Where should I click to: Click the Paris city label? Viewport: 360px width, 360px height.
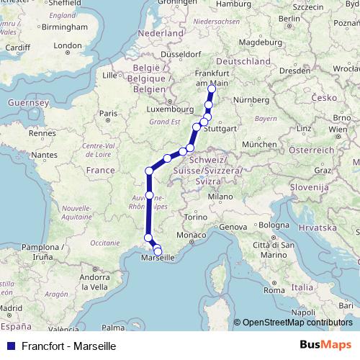(x=108, y=113)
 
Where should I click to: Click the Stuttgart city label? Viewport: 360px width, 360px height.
(x=221, y=129)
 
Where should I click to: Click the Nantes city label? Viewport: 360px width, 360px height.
(x=43, y=155)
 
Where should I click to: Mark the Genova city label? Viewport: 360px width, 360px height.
(x=234, y=227)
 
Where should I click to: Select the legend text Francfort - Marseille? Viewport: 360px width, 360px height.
(x=68, y=346)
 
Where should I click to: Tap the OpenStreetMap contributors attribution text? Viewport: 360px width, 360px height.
(x=297, y=323)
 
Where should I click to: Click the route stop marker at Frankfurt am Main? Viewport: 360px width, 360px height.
(x=211, y=89)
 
